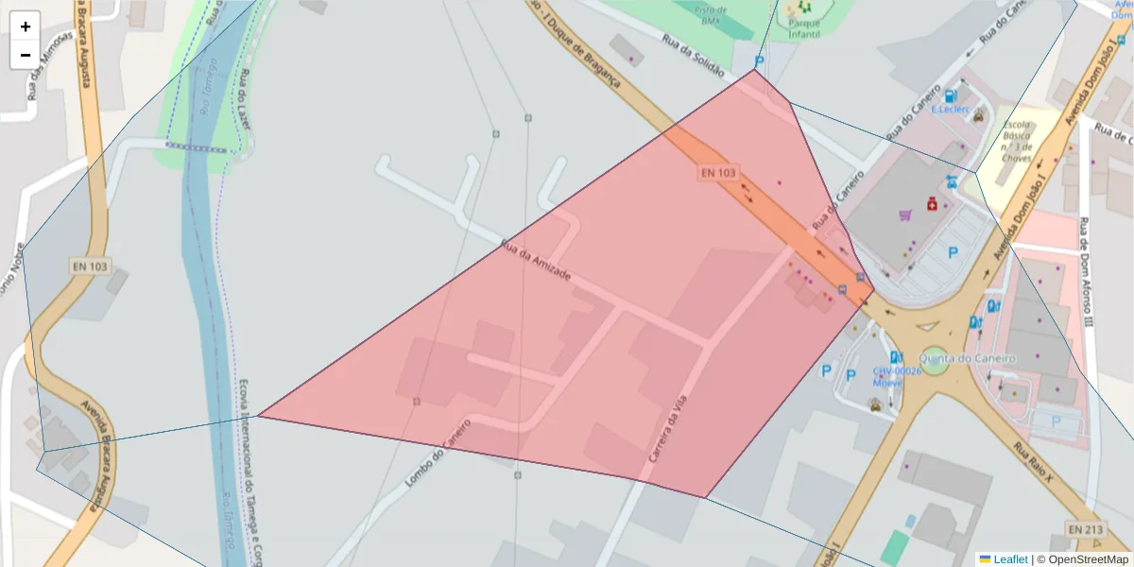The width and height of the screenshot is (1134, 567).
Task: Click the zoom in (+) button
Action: pos(25,26)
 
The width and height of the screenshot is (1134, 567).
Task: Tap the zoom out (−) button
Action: pos(25,55)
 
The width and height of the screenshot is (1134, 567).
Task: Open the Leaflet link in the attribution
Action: pos(1009,559)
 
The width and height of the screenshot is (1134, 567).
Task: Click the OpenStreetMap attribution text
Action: pos(1083,559)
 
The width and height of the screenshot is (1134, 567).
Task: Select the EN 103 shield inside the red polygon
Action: pos(718,173)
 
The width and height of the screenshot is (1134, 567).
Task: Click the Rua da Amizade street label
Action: pos(535,259)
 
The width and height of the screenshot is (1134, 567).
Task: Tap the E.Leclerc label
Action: pos(951,109)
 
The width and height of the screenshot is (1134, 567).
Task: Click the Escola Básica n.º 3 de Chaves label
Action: pos(1017,141)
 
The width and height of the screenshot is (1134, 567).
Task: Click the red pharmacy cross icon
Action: pos(931,203)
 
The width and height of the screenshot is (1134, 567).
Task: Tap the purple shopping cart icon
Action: pos(906,215)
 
